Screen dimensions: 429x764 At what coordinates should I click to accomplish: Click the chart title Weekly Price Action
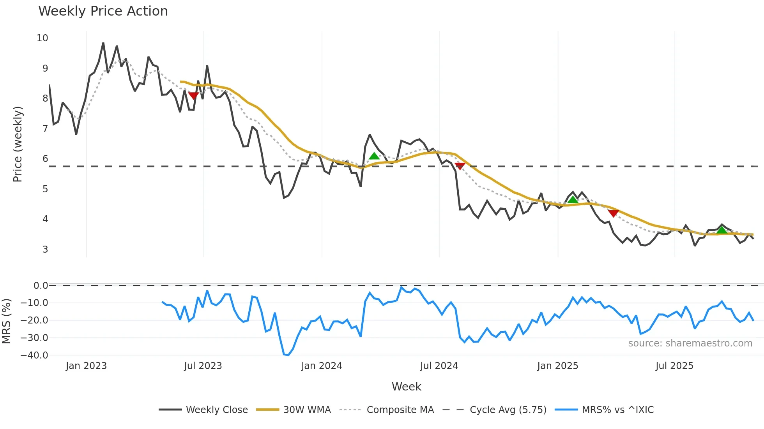pyautogui.click(x=103, y=11)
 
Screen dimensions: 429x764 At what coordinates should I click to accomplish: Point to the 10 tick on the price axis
pyautogui.click(x=42, y=38)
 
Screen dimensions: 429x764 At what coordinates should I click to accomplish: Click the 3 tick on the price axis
pyautogui.click(x=45, y=249)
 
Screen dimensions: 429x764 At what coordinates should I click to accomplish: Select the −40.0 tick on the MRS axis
pyautogui.click(x=34, y=355)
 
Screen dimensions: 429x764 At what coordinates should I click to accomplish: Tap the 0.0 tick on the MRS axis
pyautogui.click(x=41, y=285)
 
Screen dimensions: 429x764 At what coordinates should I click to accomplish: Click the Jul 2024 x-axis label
pyautogui.click(x=439, y=366)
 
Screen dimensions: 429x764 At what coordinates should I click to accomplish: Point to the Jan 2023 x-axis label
pyautogui.click(x=86, y=366)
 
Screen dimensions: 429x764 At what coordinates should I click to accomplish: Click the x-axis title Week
pyautogui.click(x=406, y=387)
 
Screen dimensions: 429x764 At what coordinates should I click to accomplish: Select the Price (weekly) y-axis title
pyautogui.click(x=18, y=144)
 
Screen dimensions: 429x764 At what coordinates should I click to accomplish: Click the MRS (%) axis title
pyautogui.click(x=6, y=321)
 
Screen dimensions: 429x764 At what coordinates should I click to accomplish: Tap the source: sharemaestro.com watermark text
pyautogui.click(x=690, y=343)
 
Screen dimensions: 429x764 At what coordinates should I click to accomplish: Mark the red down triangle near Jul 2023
pyautogui.click(x=193, y=95)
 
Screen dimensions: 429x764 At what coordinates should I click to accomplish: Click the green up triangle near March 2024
pyautogui.click(x=374, y=156)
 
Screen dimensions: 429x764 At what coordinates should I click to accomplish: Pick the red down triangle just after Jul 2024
pyautogui.click(x=460, y=166)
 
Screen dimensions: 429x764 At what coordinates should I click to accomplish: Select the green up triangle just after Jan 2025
pyautogui.click(x=573, y=200)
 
